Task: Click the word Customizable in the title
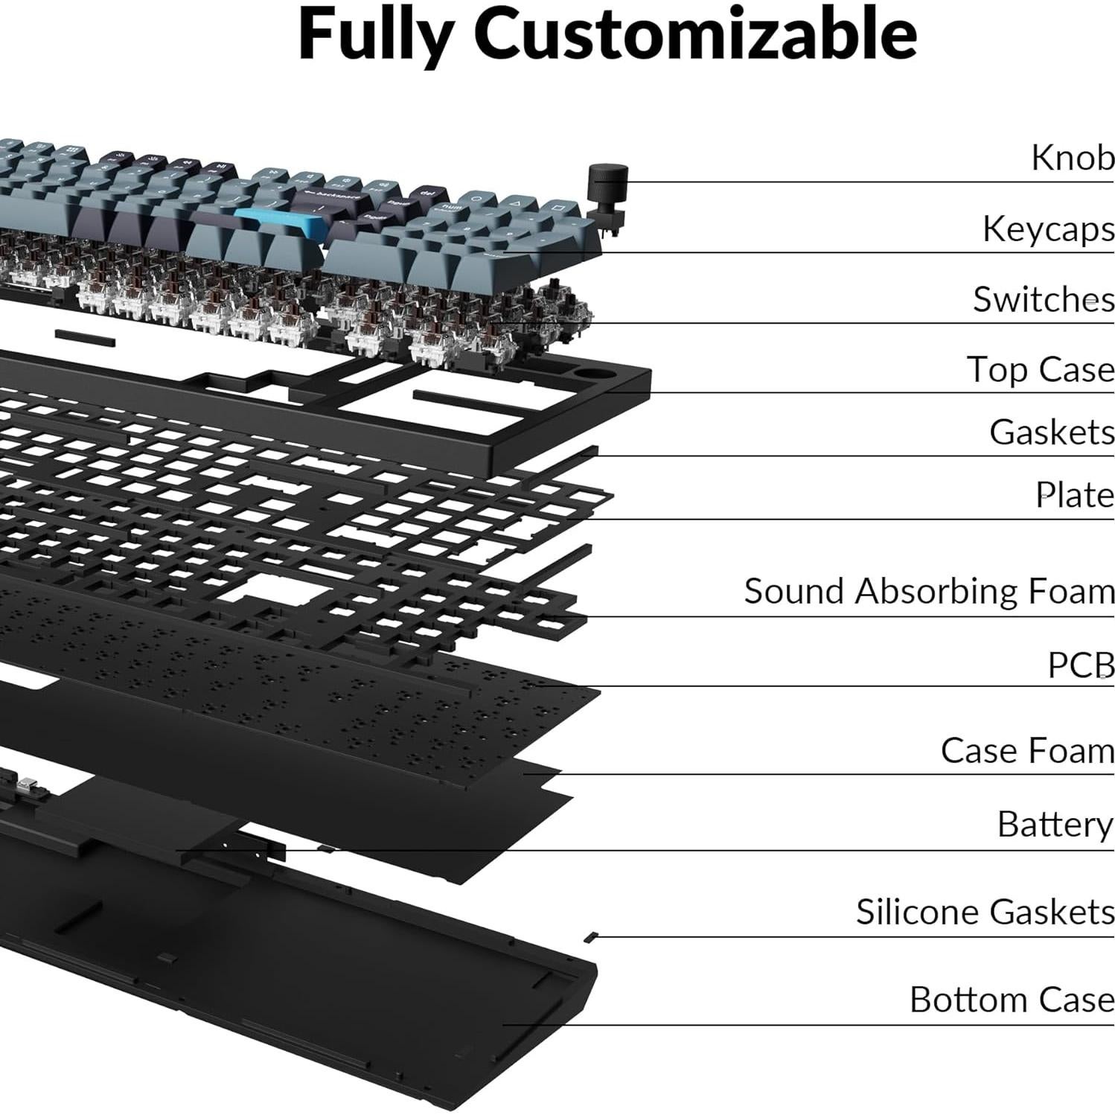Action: point(695,34)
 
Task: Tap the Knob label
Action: point(1073,158)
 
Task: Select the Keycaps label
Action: point(1048,229)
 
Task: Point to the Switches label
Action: point(1044,299)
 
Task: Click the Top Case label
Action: point(1040,369)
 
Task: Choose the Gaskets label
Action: point(1051,432)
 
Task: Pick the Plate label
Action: point(1075,495)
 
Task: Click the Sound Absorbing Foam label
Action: point(929,592)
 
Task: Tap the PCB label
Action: point(1081,665)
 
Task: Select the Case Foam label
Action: point(1027,750)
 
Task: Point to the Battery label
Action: point(1055,825)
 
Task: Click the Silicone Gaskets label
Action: point(985,912)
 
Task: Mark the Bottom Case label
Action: point(1012,1000)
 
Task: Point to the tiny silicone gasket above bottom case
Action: point(592,936)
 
